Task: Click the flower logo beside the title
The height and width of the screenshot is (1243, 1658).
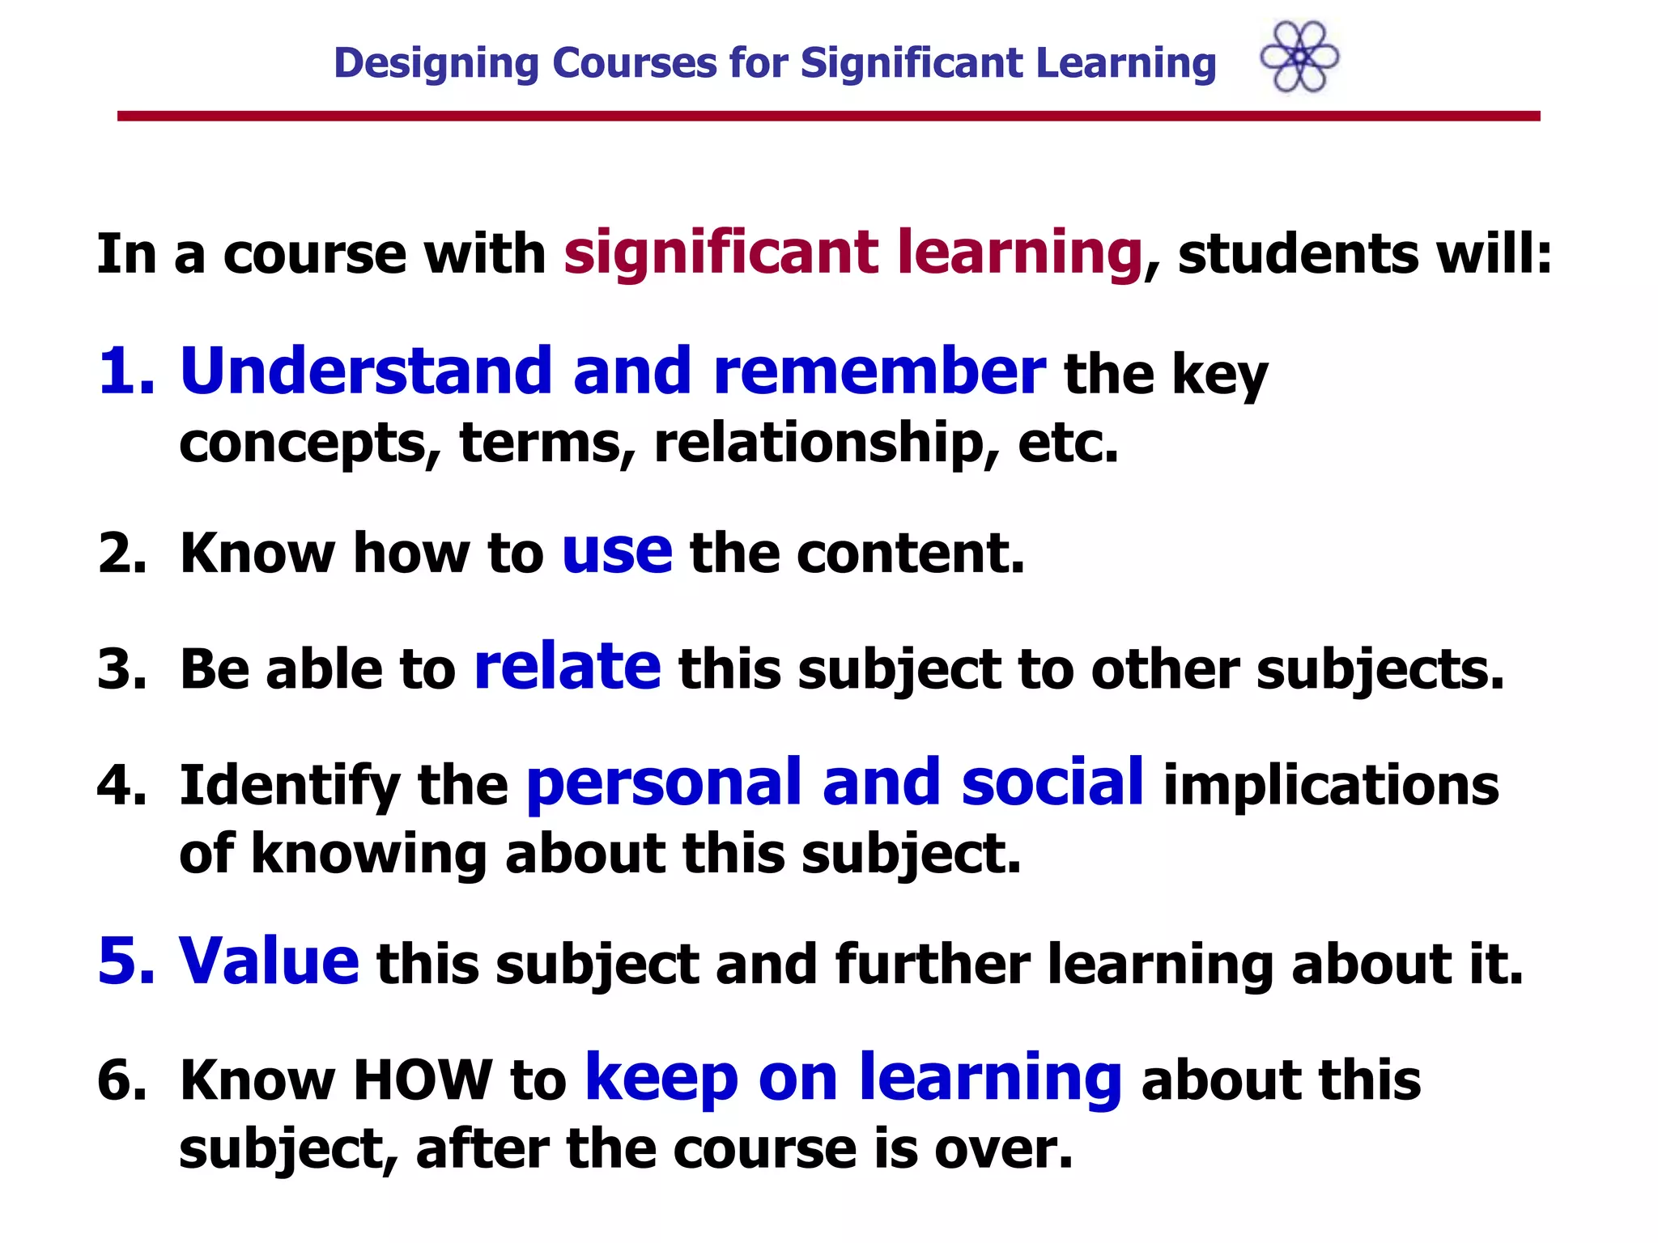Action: [x=1299, y=57]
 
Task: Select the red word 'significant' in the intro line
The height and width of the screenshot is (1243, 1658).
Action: [x=721, y=252]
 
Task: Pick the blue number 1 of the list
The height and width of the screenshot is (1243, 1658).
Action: [x=120, y=372]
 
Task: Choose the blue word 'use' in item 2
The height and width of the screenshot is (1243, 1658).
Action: [x=617, y=552]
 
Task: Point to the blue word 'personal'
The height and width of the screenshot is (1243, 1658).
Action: [x=665, y=783]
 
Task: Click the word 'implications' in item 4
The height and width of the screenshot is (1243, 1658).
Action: [x=1330, y=786]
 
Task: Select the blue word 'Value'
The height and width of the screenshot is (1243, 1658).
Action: [x=269, y=961]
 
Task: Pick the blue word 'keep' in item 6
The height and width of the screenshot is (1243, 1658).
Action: [x=661, y=1078]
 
